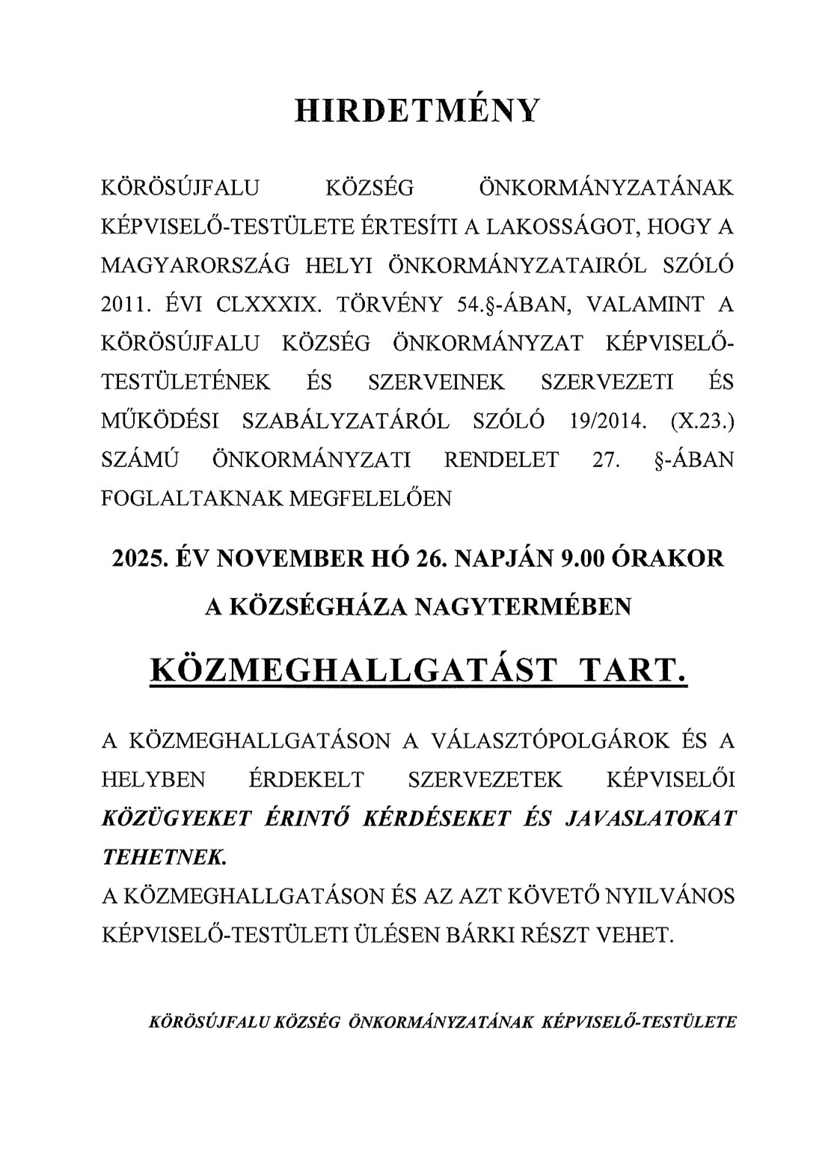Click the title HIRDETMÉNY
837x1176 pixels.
[417, 109]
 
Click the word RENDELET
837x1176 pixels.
[501, 460]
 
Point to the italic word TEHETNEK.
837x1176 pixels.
[163, 857]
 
